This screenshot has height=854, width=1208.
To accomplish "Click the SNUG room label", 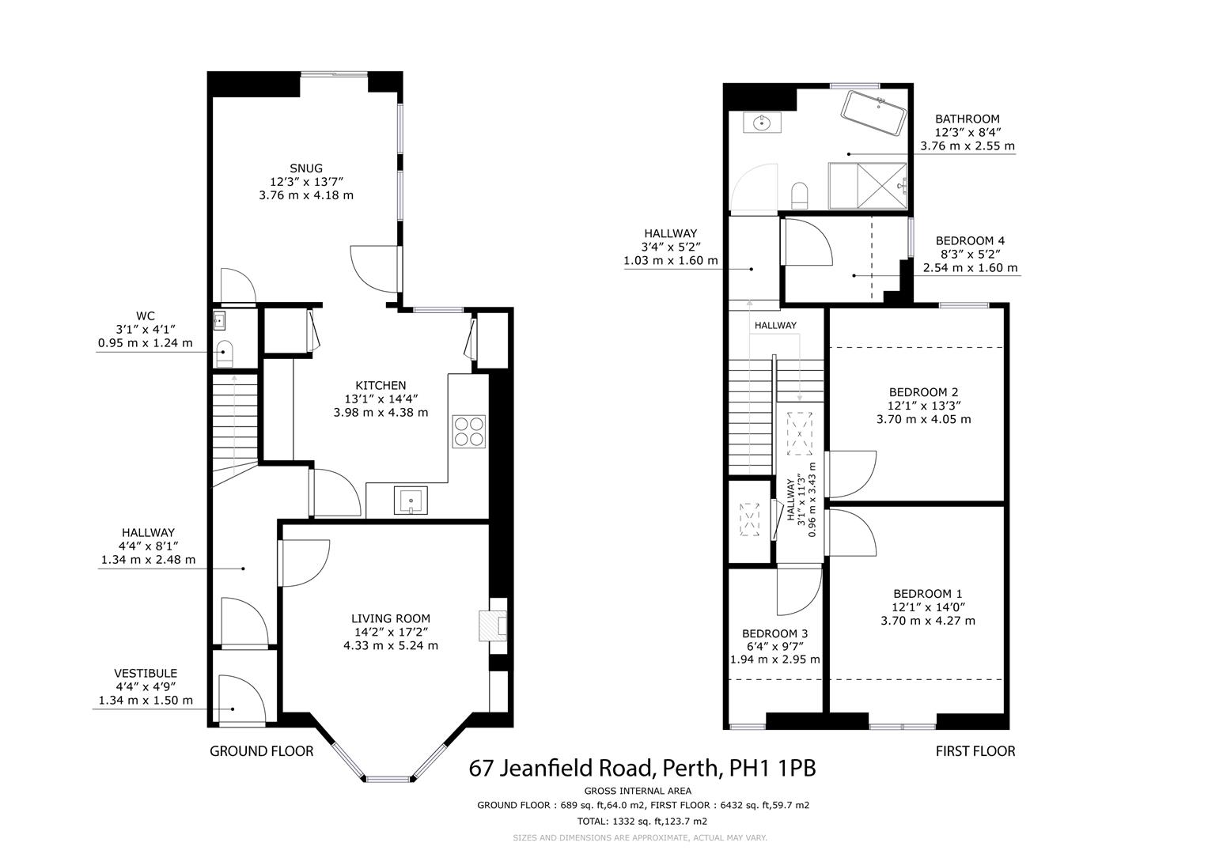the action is point(306,168).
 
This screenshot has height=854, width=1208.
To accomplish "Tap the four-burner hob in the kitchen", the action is point(468,431).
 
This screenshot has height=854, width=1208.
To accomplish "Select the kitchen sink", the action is point(411,500).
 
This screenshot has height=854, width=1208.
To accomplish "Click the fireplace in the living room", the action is point(493,626).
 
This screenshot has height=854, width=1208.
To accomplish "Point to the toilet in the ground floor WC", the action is point(223,354).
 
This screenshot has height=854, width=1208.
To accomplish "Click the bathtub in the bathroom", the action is point(873,113).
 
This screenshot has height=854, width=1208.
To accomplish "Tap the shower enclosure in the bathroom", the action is point(868,186).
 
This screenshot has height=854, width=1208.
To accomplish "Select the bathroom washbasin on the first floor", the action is point(762,123).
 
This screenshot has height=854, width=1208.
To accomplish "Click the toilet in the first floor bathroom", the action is point(800,195).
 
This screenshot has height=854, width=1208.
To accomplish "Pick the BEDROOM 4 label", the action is point(970,241).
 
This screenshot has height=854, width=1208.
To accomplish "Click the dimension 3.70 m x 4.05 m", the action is point(924,419).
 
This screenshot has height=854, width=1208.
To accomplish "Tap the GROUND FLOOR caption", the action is point(262,751).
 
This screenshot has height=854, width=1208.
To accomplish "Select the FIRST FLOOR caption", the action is point(975,751).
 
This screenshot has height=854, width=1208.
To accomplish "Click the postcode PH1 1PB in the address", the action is point(772,769).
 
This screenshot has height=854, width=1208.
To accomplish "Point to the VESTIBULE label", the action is point(146,674).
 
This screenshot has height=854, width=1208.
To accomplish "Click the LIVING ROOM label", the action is point(391,619).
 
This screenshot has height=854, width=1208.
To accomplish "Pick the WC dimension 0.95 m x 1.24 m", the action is point(145,343).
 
